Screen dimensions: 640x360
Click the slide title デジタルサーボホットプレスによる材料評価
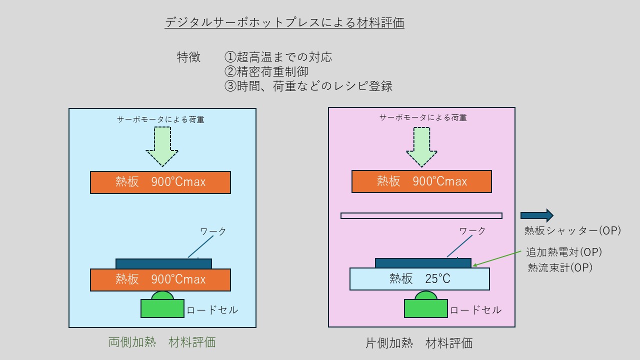(x=284, y=22)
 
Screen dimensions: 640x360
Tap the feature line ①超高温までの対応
(x=278, y=57)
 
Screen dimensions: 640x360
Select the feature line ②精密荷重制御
(x=266, y=71)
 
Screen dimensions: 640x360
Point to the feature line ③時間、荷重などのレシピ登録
(x=308, y=86)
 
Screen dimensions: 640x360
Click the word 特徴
(x=189, y=57)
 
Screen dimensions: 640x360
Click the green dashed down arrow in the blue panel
(x=162, y=146)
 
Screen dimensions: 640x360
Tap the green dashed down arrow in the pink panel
(x=421, y=147)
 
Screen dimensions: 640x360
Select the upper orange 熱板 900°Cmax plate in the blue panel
(x=160, y=182)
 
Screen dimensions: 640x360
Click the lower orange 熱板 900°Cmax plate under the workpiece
(x=160, y=279)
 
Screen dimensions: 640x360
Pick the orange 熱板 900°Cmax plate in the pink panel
(x=421, y=181)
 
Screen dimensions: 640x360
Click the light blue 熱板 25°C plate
(x=419, y=279)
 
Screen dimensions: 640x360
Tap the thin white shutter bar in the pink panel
(x=421, y=215)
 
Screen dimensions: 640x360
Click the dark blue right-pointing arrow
(x=537, y=215)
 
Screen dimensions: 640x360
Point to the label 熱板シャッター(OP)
(x=572, y=230)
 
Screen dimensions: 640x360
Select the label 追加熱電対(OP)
(x=564, y=252)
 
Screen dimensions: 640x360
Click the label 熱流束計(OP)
(x=560, y=267)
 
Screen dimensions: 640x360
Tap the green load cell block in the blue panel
(x=162, y=308)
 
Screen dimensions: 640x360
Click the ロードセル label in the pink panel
(x=475, y=310)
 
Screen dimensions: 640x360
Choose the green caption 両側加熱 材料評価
(x=162, y=342)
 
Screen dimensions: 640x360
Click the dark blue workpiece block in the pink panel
(x=423, y=263)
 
